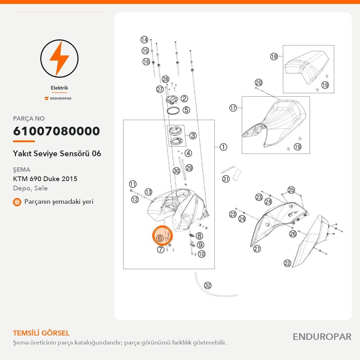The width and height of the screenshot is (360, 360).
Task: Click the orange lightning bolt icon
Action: coord(59,59)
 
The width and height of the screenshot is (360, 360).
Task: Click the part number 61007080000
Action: coord(57,131)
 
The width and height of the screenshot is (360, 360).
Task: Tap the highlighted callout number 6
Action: coord(160,238)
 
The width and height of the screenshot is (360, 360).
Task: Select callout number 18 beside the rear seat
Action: coord(274,56)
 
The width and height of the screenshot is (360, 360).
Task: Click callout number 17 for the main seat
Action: coord(233,108)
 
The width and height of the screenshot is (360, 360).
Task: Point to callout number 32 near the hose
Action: coord(208,285)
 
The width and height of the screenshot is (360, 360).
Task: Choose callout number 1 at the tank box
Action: coord(223,147)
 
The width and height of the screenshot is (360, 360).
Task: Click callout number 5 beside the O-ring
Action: coord(186,110)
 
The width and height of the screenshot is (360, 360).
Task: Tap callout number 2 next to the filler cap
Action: coord(184,99)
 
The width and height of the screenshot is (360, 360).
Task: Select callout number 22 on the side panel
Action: coord(287,263)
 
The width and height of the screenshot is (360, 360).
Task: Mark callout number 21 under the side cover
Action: coord(257,249)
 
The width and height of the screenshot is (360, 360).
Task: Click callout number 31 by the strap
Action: coord(226,179)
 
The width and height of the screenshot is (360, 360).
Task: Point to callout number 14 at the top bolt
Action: coord(144,40)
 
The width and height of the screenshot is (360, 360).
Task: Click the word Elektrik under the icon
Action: coord(59,88)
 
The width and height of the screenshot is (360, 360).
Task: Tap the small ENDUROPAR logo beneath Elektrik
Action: coord(58,98)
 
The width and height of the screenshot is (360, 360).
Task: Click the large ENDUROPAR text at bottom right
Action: coord(322,337)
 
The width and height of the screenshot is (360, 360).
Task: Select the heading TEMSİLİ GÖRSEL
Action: coord(41,333)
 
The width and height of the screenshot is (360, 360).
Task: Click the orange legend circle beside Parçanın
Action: coord(17,202)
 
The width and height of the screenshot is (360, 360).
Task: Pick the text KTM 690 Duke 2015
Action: coord(45,179)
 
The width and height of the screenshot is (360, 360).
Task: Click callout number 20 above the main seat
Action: coord(258,83)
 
